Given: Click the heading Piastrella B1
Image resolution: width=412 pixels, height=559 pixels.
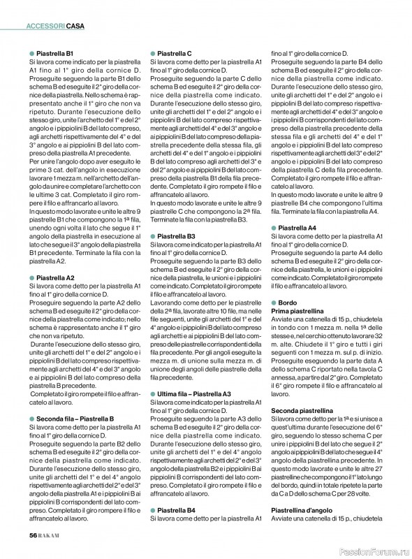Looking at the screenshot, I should click(55, 53).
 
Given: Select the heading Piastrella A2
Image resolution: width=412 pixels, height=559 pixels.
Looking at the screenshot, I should click(55, 277).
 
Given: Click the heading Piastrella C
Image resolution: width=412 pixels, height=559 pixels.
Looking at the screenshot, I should click(175, 53).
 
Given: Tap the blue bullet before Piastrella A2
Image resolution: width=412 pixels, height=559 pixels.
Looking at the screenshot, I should click(31, 277).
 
